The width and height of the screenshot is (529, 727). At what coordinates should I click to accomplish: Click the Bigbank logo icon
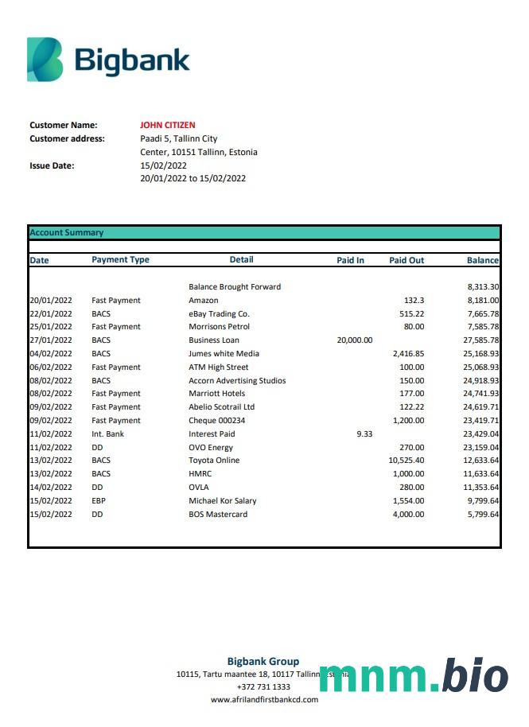[45, 60]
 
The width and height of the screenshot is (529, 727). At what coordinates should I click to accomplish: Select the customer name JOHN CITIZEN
[167, 125]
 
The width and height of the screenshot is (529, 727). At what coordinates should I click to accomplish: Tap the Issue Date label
[52, 165]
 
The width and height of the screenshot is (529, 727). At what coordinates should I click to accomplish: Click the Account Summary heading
[67, 233]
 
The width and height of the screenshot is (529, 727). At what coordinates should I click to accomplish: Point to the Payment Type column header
[120, 260]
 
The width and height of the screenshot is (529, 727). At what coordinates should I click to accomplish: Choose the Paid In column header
[350, 260]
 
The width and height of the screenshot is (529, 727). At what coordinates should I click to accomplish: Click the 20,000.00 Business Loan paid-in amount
[354, 340]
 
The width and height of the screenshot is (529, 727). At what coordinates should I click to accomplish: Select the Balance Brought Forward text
[235, 286]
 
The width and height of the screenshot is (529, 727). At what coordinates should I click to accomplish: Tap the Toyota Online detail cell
[214, 461]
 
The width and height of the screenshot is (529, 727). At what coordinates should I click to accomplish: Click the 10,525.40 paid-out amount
[406, 461]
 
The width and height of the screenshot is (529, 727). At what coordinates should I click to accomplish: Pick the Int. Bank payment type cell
[108, 434]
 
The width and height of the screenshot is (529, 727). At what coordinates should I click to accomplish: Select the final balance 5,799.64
[483, 515]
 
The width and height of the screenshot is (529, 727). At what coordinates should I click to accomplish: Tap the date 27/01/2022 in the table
[51, 340]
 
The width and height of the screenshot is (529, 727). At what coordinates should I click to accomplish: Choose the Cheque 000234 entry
[217, 421]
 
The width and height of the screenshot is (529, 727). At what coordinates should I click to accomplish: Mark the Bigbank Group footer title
[263, 661]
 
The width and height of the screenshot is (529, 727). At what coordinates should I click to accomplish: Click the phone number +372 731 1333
[263, 686]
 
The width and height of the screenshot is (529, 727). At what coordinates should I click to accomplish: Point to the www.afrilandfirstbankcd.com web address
[264, 700]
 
